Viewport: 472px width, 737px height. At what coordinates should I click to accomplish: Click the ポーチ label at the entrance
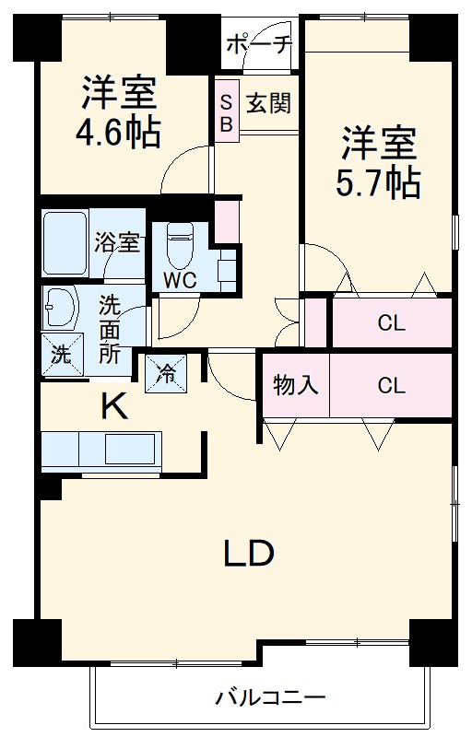pyautogui.click(x=258, y=43)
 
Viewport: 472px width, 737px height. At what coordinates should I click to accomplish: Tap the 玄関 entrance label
pyautogui.click(x=267, y=102)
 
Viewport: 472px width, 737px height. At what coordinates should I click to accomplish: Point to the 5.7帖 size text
pyautogui.click(x=379, y=183)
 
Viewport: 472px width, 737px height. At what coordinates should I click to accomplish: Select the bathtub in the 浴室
pyautogui.click(x=65, y=243)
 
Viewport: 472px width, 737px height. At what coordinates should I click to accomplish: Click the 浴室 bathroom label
pyautogui.click(x=117, y=243)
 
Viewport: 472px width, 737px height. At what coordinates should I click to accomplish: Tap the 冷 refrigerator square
pyautogui.click(x=167, y=373)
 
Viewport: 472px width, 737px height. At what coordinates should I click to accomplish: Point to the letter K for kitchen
pyautogui.click(x=113, y=406)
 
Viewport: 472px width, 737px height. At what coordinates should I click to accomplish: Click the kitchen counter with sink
pyautogui.click(x=101, y=450)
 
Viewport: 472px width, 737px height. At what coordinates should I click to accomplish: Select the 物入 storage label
pyautogui.click(x=295, y=385)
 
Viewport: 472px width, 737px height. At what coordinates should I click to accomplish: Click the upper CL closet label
pyautogui.click(x=391, y=323)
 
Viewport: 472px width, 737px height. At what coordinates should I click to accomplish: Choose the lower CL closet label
pyautogui.click(x=391, y=385)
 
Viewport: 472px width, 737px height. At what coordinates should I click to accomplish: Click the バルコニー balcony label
pyautogui.click(x=270, y=697)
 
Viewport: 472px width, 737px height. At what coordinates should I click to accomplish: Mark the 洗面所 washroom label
pyautogui.click(x=110, y=328)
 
